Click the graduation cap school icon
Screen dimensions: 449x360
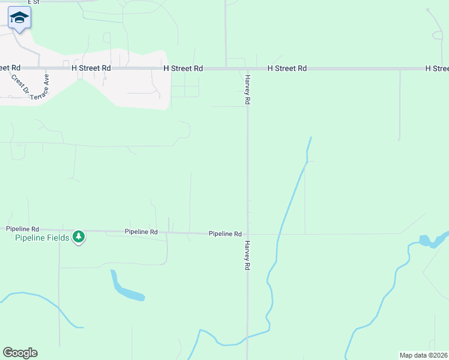coord(19,18)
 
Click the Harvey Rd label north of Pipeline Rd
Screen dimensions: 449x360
coord(247,90)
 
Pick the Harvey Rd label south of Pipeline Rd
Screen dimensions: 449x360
coord(247,256)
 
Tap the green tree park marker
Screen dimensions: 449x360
coord(78,238)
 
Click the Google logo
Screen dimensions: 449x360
coord(20,353)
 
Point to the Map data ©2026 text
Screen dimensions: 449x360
coord(424,355)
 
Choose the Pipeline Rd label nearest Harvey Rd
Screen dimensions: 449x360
coord(225,233)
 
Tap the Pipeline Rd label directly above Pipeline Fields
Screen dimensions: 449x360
coord(22,229)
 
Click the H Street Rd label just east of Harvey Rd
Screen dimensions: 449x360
coord(287,68)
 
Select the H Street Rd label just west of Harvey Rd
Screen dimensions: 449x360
coord(183,68)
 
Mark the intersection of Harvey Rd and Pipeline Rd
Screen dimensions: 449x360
coord(248,234)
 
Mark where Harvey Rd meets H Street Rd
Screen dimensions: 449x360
coord(247,68)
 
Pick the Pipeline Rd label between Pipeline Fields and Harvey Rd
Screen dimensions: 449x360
coord(141,232)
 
